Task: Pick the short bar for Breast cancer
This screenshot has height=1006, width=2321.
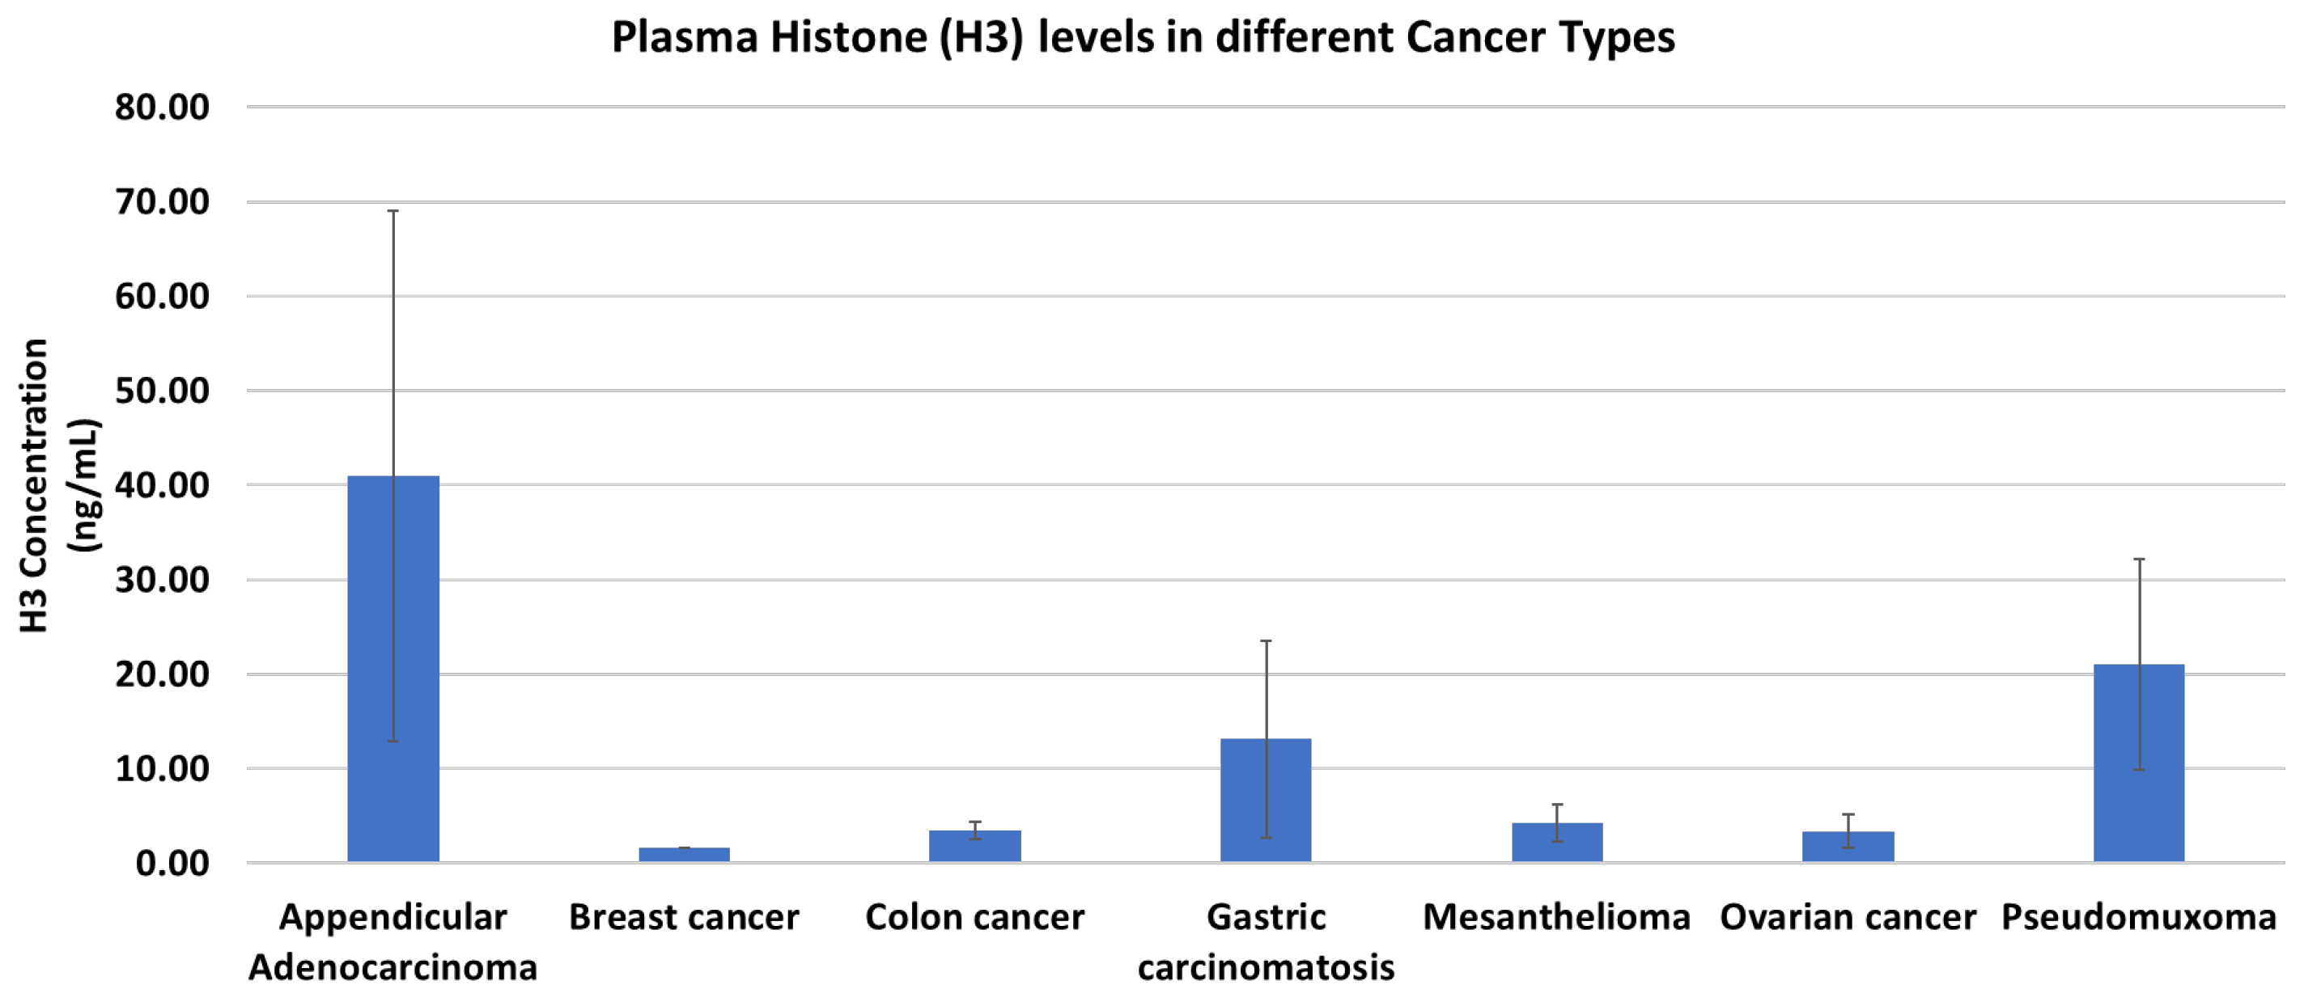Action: coord(684,855)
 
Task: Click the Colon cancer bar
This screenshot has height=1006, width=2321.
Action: coord(975,846)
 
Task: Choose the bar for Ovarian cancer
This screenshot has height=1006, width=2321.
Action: coord(1848,847)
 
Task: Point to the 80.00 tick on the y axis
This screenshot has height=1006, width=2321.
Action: coord(162,108)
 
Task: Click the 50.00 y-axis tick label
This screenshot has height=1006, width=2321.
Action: coord(162,391)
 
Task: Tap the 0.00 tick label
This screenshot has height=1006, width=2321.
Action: coord(172,864)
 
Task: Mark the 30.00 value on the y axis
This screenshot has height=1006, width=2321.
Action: coord(162,580)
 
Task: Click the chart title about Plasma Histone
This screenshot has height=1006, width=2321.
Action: coord(1143,38)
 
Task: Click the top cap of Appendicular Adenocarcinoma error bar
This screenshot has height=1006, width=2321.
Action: coord(392,211)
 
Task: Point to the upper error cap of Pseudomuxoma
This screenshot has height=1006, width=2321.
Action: coord(2138,560)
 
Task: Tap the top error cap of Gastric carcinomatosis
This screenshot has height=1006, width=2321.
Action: coord(1265,641)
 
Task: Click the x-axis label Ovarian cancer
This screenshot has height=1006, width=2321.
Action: coord(1847,918)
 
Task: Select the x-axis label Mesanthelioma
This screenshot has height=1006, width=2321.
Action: coord(1556,918)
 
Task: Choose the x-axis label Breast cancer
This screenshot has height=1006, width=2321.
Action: coord(684,918)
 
